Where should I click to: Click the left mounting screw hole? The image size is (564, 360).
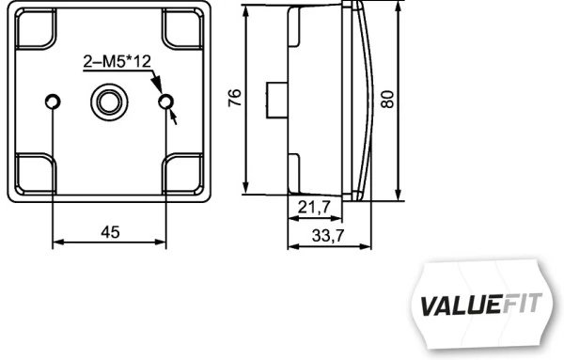pyautogui.click(x=53, y=101)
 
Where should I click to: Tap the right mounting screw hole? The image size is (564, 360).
pyautogui.click(x=166, y=101)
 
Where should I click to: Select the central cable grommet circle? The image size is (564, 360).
pyautogui.click(x=109, y=100)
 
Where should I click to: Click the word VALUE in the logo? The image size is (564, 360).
pyautogui.click(x=460, y=305)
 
